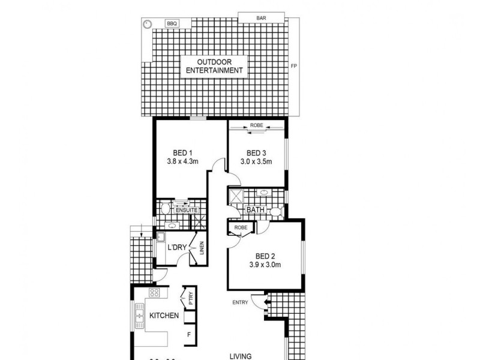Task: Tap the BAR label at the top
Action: coord(262,18)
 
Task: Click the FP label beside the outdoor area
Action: coord(293,66)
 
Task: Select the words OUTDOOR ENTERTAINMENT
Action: coord(214,66)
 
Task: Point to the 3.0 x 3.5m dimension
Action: coord(256,161)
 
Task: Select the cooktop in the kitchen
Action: coord(154,293)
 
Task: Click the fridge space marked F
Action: coord(189,335)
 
